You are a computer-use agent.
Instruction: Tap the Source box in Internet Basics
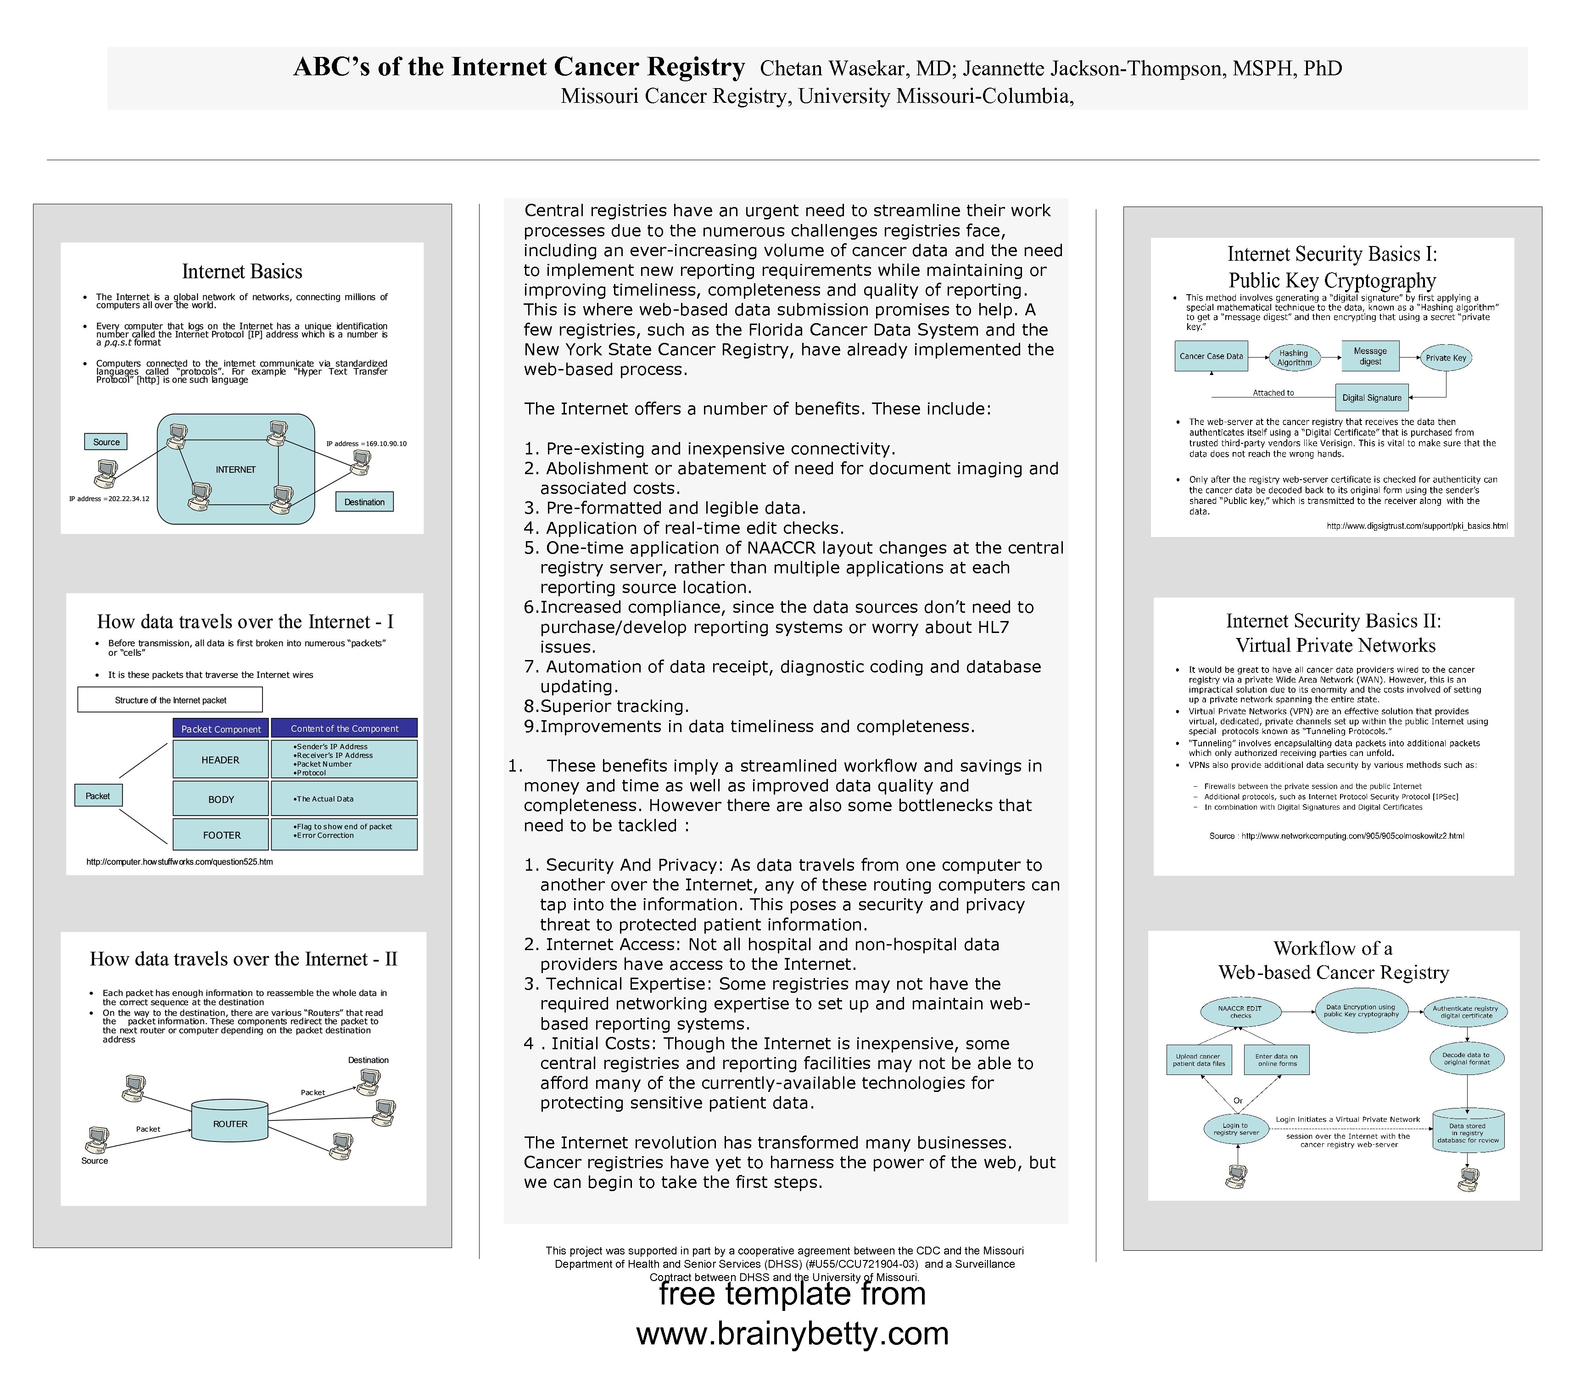point(106,442)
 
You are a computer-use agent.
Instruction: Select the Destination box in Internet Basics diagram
point(364,502)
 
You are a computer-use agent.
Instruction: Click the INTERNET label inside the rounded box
point(235,470)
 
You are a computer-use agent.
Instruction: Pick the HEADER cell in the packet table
point(221,760)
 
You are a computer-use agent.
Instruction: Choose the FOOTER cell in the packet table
point(222,835)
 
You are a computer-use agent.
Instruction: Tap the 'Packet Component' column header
point(221,729)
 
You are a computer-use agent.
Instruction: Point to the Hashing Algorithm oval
point(1294,358)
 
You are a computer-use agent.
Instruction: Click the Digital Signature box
point(1372,397)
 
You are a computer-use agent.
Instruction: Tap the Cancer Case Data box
point(1211,356)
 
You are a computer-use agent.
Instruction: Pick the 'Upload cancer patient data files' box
point(1199,1059)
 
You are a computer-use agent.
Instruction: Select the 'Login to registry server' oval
point(1235,1129)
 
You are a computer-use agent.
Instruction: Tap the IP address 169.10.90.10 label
point(366,444)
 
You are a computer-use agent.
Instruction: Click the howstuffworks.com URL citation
point(180,861)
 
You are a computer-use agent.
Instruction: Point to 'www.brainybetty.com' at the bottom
point(792,1333)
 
